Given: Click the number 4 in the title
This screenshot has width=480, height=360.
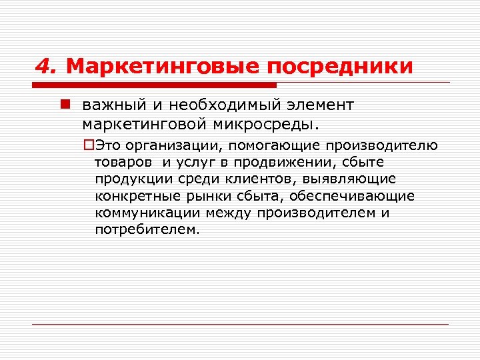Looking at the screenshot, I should click(x=43, y=67).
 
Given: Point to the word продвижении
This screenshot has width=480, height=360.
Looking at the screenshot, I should click(x=279, y=163).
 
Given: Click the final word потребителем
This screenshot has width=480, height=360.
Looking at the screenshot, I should click(x=147, y=229).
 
